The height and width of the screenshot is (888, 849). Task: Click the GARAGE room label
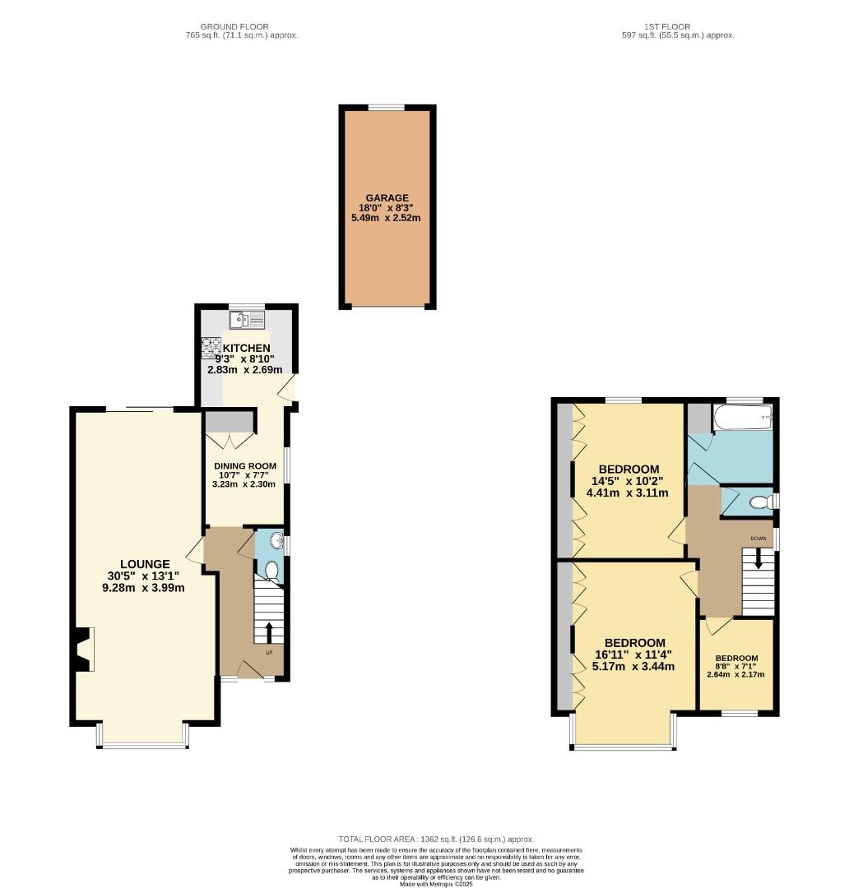tap(387, 198)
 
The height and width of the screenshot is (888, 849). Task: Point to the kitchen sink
tap(246, 319)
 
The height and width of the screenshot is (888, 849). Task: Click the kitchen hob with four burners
tap(211, 349)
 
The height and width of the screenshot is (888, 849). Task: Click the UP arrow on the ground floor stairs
tap(269, 631)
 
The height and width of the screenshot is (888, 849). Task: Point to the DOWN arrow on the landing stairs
tap(758, 559)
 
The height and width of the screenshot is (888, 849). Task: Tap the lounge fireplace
tap(84, 650)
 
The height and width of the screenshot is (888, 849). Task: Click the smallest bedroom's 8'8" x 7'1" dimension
tap(735, 667)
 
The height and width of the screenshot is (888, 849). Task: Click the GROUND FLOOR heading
tap(240, 26)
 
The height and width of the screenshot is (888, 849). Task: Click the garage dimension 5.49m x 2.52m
tap(387, 218)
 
